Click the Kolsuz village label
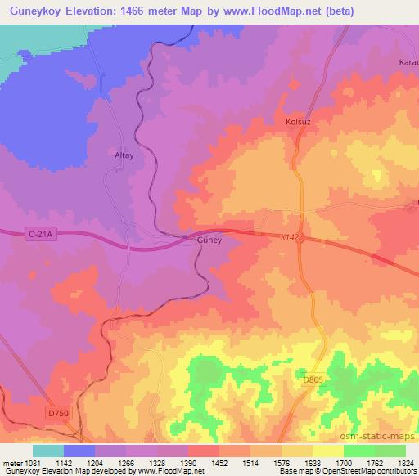[300, 122]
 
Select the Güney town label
[210, 241]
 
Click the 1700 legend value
[343, 464]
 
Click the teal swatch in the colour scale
[48, 451]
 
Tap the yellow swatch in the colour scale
[328, 451]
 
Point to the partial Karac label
[408, 62]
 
